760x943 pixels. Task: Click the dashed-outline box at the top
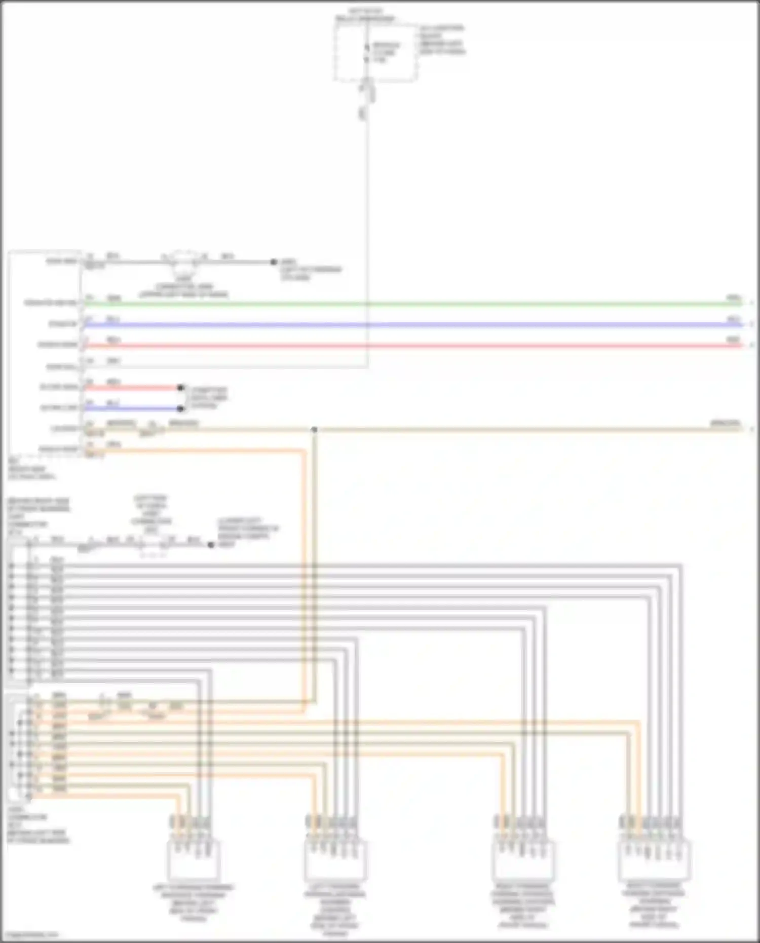(375, 51)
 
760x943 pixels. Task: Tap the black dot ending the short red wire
(180, 388)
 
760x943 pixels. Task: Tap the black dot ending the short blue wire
(180, 408)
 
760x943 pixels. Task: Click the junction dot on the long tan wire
(314, 430)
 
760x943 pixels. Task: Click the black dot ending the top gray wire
(274, 262)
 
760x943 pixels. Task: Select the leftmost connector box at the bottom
(193, 860)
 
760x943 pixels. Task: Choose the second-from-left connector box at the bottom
(335, 860)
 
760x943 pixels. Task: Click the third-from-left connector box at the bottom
(522, 860)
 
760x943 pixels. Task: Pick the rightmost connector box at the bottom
(655, 860)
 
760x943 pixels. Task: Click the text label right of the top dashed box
(441, 40)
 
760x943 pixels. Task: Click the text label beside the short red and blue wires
(208, 398)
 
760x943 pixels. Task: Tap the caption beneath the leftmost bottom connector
(193, 903)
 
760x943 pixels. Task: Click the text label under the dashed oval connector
(183, 287)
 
